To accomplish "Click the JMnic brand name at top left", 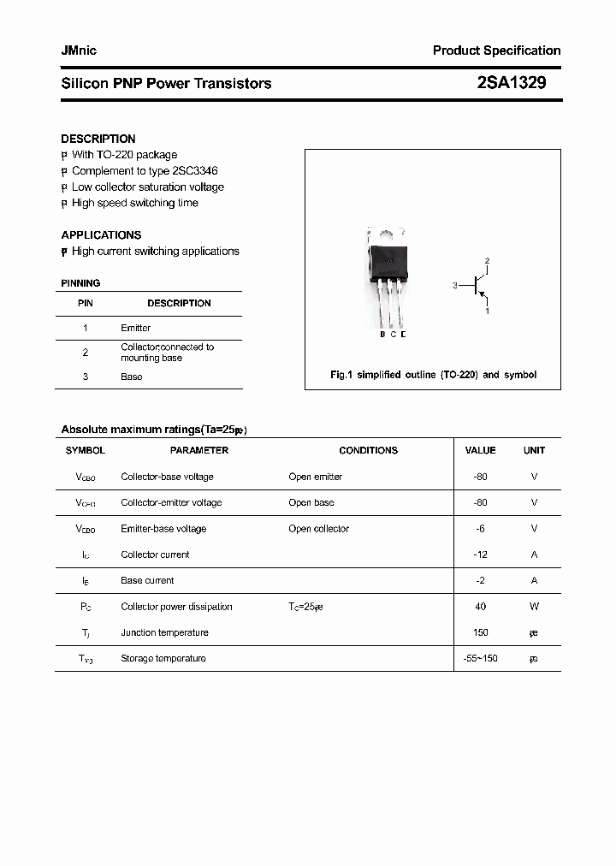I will click(x=79, y=50).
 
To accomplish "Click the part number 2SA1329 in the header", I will click(x=511, y=83).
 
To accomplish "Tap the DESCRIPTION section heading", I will click(x=98, y=139).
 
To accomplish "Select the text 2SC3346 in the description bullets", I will click(x=195, y=171).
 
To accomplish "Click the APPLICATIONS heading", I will click(x=101, y=234).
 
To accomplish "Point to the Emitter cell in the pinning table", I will click(x=135, y=328).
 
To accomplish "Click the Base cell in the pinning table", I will click(x=131, y=377).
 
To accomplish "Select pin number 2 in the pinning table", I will click(x=86, y=352).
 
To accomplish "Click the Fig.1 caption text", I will click(x=433, y=375).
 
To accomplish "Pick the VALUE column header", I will click(x=480, y=450).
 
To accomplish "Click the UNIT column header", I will click(x=534, y=450).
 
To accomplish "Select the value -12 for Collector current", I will click(x=480, y=555).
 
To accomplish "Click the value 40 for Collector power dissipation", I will click(x=480, y=607).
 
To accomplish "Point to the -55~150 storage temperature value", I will click(x=480, y=658).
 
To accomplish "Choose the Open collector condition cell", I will click(x=318, y=529).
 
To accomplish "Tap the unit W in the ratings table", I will click(x=534, y=607).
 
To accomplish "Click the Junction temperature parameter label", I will click(x=164, y=632).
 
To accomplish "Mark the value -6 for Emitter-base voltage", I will click(x=480, y=529).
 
